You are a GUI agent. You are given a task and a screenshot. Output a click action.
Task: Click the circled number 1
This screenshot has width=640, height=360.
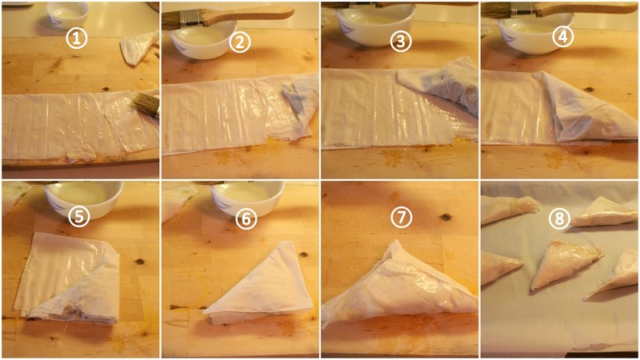[77, 38]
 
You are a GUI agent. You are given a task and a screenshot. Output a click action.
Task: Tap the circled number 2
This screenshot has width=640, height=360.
[239, 42]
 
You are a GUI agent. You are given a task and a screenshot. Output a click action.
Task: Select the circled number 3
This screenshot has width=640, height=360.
[401, 42]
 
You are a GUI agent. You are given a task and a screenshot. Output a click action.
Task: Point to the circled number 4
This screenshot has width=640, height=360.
[562, 37]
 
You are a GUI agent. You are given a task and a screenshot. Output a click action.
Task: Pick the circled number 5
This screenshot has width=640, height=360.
[78, 216]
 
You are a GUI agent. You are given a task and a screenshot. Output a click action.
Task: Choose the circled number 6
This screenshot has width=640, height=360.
[246, 218]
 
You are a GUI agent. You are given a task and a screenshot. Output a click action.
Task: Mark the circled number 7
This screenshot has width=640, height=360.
[401, 217]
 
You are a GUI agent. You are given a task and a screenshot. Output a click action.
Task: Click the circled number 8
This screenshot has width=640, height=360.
[558, 218]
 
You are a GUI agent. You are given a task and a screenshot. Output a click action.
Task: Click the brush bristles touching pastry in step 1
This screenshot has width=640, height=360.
[146, 105]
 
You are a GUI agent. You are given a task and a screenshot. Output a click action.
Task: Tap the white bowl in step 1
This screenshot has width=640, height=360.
[68, 14]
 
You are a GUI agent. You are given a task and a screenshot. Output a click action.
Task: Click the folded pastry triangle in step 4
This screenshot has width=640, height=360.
[588, 110]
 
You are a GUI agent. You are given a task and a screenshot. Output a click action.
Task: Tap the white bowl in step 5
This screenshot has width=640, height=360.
[84, 198]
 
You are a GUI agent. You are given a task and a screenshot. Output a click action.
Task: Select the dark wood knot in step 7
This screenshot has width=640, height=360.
[446, 218]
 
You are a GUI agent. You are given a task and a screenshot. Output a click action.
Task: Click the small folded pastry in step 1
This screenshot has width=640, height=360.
[138, 48]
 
